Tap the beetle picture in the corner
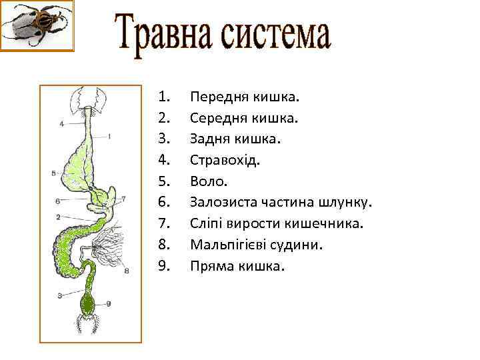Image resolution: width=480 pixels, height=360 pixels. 37,25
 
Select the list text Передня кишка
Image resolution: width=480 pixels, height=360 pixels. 245,97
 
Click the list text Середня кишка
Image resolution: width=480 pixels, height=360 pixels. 244,118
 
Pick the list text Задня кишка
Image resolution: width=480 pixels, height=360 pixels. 236,139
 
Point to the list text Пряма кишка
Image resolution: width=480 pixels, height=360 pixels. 237,265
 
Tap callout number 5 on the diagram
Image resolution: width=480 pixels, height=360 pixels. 53,173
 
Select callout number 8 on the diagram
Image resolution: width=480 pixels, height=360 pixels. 127,270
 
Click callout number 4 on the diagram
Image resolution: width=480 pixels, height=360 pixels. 61,123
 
